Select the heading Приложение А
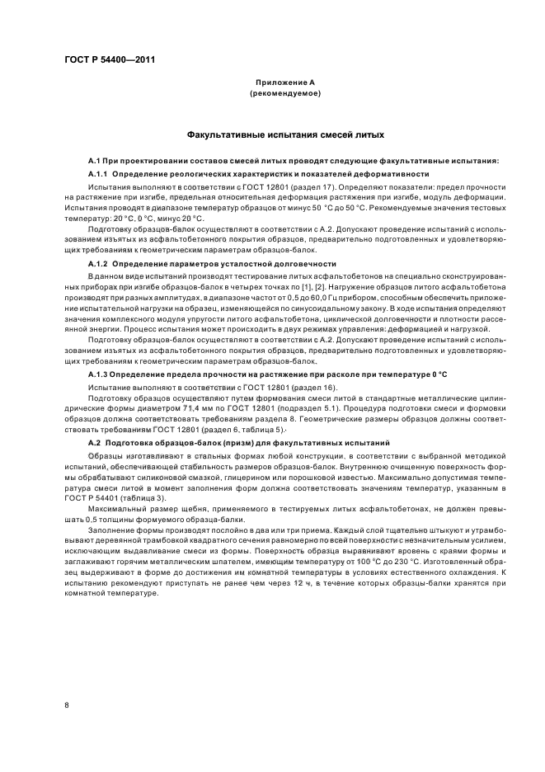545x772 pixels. tap(284, 83)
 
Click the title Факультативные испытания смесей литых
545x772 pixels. tap(284, 134)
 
